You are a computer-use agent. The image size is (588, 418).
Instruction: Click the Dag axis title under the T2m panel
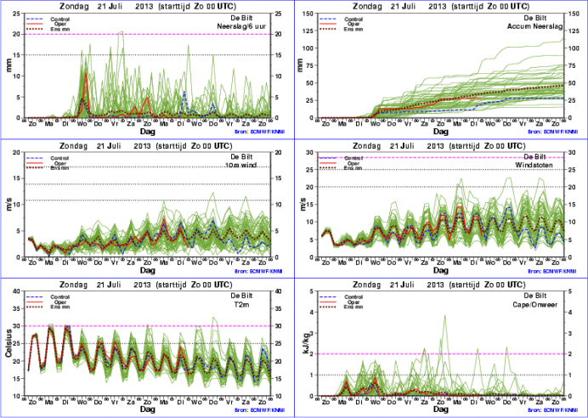pos(148,409)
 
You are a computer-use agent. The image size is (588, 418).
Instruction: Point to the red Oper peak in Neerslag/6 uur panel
pos(87,74)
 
